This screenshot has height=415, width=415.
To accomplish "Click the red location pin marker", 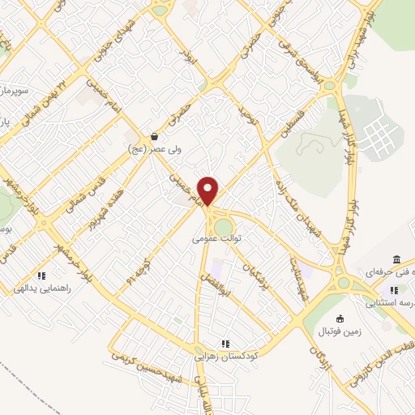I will (208, 191).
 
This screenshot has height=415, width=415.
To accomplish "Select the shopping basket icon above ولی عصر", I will (154, 136).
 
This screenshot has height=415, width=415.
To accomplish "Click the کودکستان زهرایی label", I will (226, 356).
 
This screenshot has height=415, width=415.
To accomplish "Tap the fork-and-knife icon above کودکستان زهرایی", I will (225, 344).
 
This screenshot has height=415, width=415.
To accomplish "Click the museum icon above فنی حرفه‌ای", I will (396, 259).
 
